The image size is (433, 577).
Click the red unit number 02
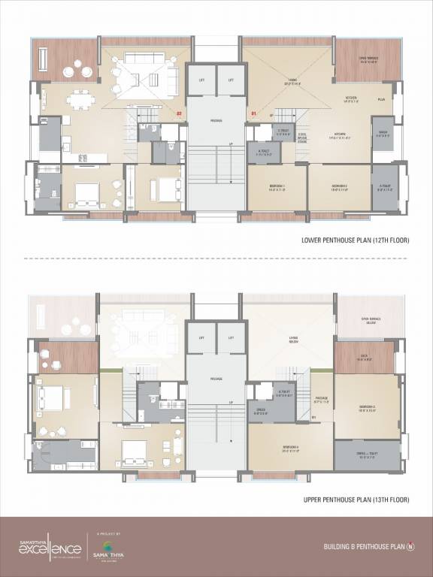coord(179,114)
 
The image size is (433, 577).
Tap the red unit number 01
coord(253,114)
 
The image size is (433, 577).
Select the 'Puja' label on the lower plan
coord(381,99)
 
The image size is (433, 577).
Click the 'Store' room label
coord(383,134)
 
